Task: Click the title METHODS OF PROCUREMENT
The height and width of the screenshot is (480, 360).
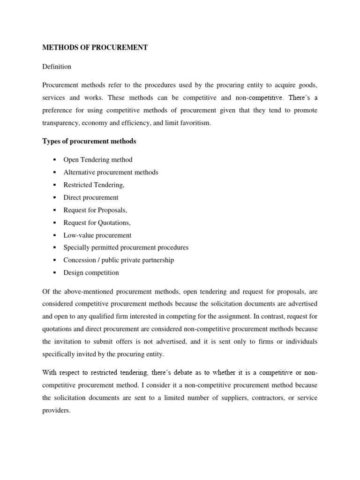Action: coord(95,48)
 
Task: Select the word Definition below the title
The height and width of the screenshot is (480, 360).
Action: coord(57,67)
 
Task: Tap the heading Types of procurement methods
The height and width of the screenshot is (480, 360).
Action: coord(89,141)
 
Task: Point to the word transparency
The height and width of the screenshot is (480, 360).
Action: coord(61,123)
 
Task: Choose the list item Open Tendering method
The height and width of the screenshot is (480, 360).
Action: coord(101,160)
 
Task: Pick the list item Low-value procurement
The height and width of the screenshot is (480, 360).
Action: coord(97,235)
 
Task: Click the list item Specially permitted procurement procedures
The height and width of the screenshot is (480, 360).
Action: coord(126,247)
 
